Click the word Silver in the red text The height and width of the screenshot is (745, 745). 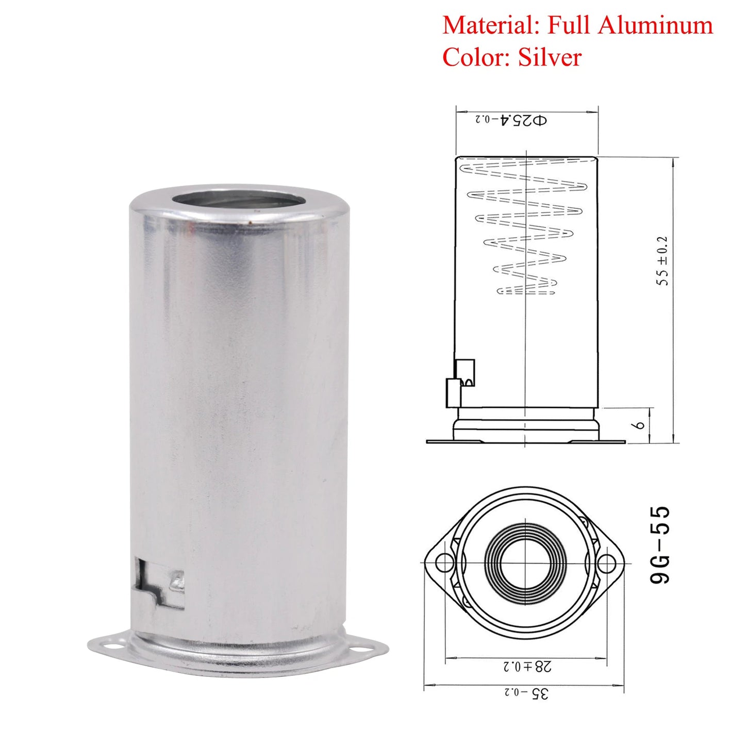550,57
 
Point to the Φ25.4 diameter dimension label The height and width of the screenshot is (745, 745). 511,120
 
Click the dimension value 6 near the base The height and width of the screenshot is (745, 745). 639,425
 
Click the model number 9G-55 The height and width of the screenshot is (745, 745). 660,545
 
